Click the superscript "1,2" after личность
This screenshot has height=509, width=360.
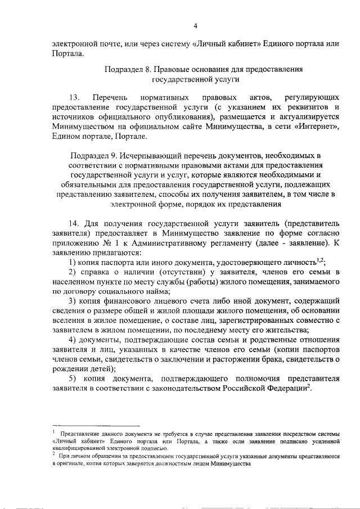click(x=320, y=261)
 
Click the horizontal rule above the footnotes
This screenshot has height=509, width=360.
click(x=96, y=426)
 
